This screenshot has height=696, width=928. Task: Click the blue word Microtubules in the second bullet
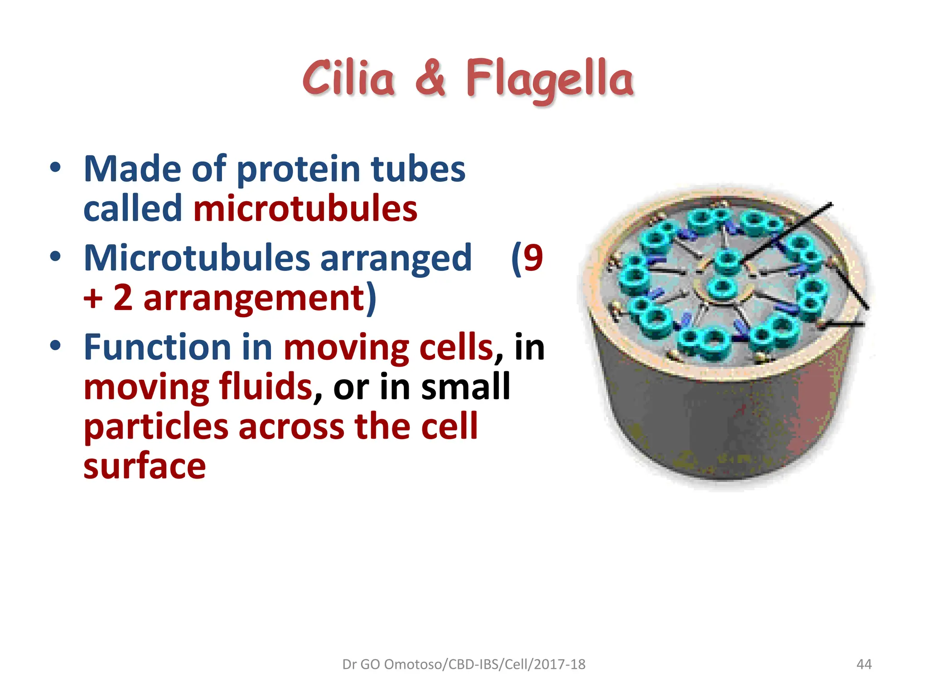point(197,258)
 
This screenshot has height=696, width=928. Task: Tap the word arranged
point(396,259)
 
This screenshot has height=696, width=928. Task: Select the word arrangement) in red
point(259,299)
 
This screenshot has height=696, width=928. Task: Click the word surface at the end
point(145,466)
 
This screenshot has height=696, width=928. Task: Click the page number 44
point(864,664)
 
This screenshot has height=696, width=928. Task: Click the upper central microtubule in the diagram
point(727,261)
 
